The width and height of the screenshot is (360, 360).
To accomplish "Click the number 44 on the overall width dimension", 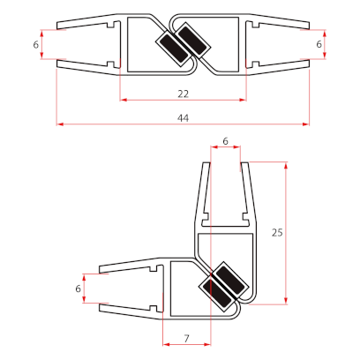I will tap(183, 117).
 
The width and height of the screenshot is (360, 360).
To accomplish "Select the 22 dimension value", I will tap(183, 93).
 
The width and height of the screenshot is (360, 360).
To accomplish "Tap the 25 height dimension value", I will tap(277, 233).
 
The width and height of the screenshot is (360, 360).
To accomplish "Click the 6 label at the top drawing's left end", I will tap(36, 44).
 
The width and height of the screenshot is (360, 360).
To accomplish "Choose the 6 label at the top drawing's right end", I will tap(319, 44).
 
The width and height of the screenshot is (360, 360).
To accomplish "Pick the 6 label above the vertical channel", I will tap(225, 141).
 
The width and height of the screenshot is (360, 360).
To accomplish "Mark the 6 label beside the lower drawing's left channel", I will tap(79, 288).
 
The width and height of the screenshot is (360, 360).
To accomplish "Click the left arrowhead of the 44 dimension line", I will tap(59, 124).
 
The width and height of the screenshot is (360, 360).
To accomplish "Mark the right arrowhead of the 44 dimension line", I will tap(306, 124).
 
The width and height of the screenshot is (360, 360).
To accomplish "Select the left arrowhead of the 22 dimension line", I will tap(122, 100).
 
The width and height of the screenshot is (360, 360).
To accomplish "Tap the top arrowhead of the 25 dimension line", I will tap(287, 165).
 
